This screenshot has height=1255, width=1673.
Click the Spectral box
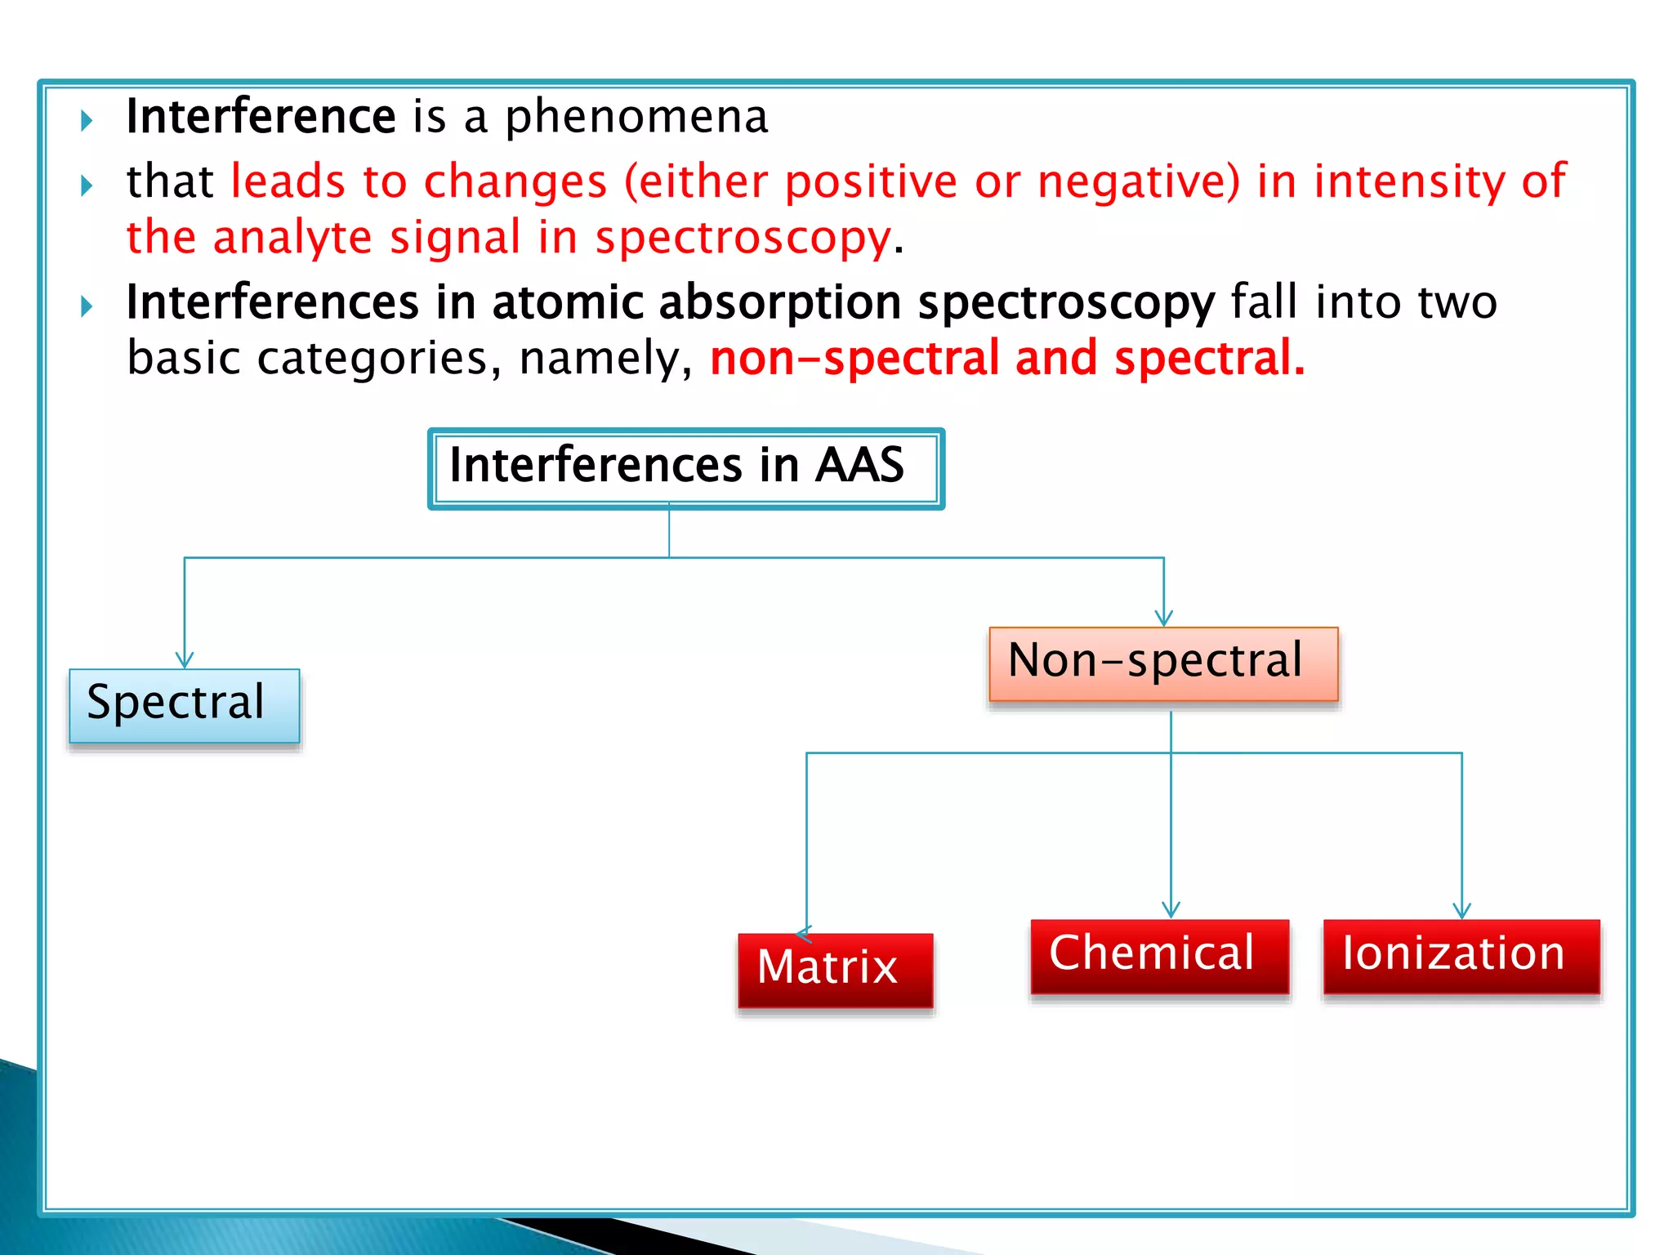point(185,705)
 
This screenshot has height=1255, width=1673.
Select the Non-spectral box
point(1163,663)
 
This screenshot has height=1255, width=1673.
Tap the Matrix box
point(835,970)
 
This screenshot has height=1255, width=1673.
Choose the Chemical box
point(1159,956)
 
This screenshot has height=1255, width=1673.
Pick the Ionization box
point(1461,956)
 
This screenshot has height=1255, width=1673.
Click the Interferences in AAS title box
point(685,468)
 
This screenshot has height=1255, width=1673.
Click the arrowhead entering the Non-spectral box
point(1164,619)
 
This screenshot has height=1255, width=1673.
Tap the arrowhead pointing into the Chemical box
point(1171,910)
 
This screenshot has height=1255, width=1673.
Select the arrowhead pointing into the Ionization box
point(1461,910)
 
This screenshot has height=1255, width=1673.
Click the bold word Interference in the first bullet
point(261,117)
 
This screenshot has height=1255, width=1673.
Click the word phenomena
point(636,117)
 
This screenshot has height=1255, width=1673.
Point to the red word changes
point(515,181)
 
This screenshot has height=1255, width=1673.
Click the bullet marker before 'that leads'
point(87,185)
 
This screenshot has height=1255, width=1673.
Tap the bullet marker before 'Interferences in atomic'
point(87,306)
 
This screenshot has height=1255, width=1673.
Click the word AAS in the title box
point(859,465)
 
